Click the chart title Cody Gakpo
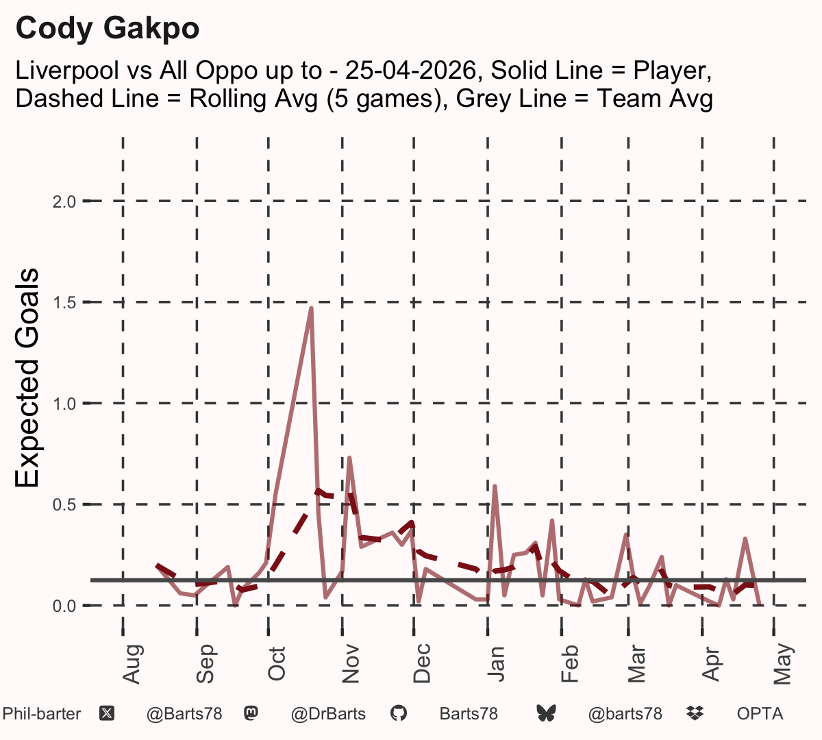tap(108, 29)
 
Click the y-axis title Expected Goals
tap(27, 378)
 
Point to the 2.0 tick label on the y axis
tap(64, 201)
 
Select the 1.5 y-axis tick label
tap(64, 303)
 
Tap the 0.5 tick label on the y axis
tap(64, 505)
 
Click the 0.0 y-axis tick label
tap(64, 606)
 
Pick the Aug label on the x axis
tap(133, 664)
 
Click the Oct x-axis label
tap(276, 664)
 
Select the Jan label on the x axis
tap(496, 664)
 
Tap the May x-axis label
tap(783, 664)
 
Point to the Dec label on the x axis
tap(422, 663)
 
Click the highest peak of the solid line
tap(312, 308)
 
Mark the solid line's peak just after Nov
tap(349, 457)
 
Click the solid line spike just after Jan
tap(495, 486)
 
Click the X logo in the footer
tap(107, 714)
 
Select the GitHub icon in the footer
tap(398, 713)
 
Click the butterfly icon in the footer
tap(546, 713)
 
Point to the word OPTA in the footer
tap(760, 714)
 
